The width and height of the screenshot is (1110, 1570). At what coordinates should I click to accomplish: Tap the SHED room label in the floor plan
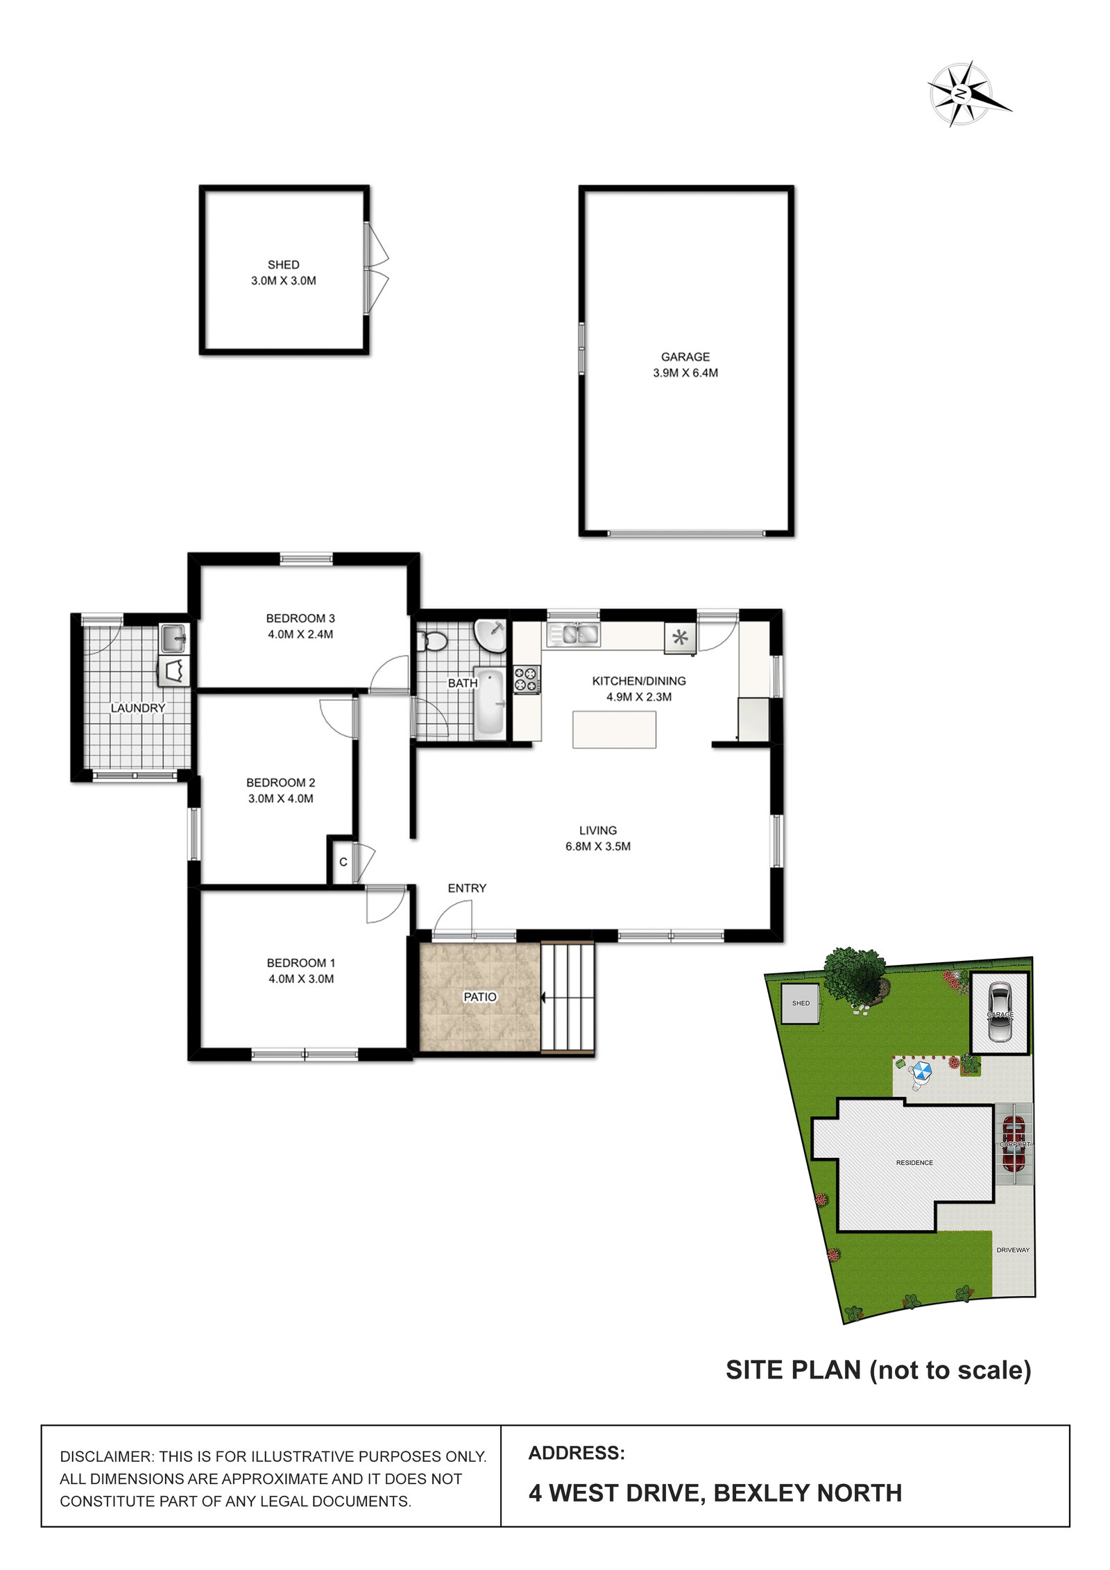coord(283,264)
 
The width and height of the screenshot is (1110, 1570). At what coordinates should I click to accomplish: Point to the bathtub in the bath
coord(490,703)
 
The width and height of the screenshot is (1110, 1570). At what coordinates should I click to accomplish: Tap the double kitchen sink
coord(573,634)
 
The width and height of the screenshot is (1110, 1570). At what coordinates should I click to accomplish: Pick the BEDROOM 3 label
coord(300,618)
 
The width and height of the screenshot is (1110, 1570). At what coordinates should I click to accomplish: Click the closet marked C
coord(343,862)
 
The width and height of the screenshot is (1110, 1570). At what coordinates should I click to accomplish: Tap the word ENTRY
coord(467,888)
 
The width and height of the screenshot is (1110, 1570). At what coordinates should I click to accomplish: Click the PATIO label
coord(480,997)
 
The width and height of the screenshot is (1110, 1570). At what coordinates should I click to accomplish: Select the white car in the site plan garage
coord(1000,1012)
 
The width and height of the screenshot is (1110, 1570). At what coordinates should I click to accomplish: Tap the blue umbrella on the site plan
coord(921,1072)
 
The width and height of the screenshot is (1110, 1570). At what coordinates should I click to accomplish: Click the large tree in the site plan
coord(854,973)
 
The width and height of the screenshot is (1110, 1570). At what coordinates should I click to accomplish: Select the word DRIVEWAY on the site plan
coord(1013,1250)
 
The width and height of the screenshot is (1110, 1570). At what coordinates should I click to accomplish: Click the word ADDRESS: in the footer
coord(577,1453)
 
